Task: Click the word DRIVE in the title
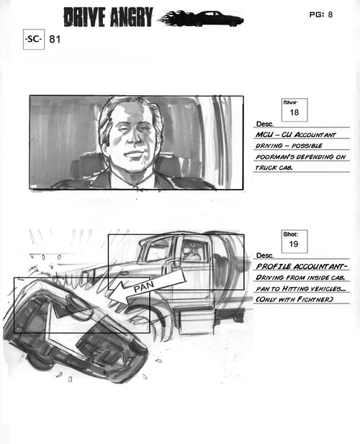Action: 84,17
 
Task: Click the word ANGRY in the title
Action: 132,17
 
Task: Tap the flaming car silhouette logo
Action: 202,18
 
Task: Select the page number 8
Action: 330,14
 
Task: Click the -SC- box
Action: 34,40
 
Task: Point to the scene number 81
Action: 55,39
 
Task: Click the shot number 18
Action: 294,112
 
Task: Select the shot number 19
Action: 294,244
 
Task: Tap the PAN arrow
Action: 146,287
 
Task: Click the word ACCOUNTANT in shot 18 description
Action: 315,135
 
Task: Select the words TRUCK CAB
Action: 274,168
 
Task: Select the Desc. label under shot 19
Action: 265,255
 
